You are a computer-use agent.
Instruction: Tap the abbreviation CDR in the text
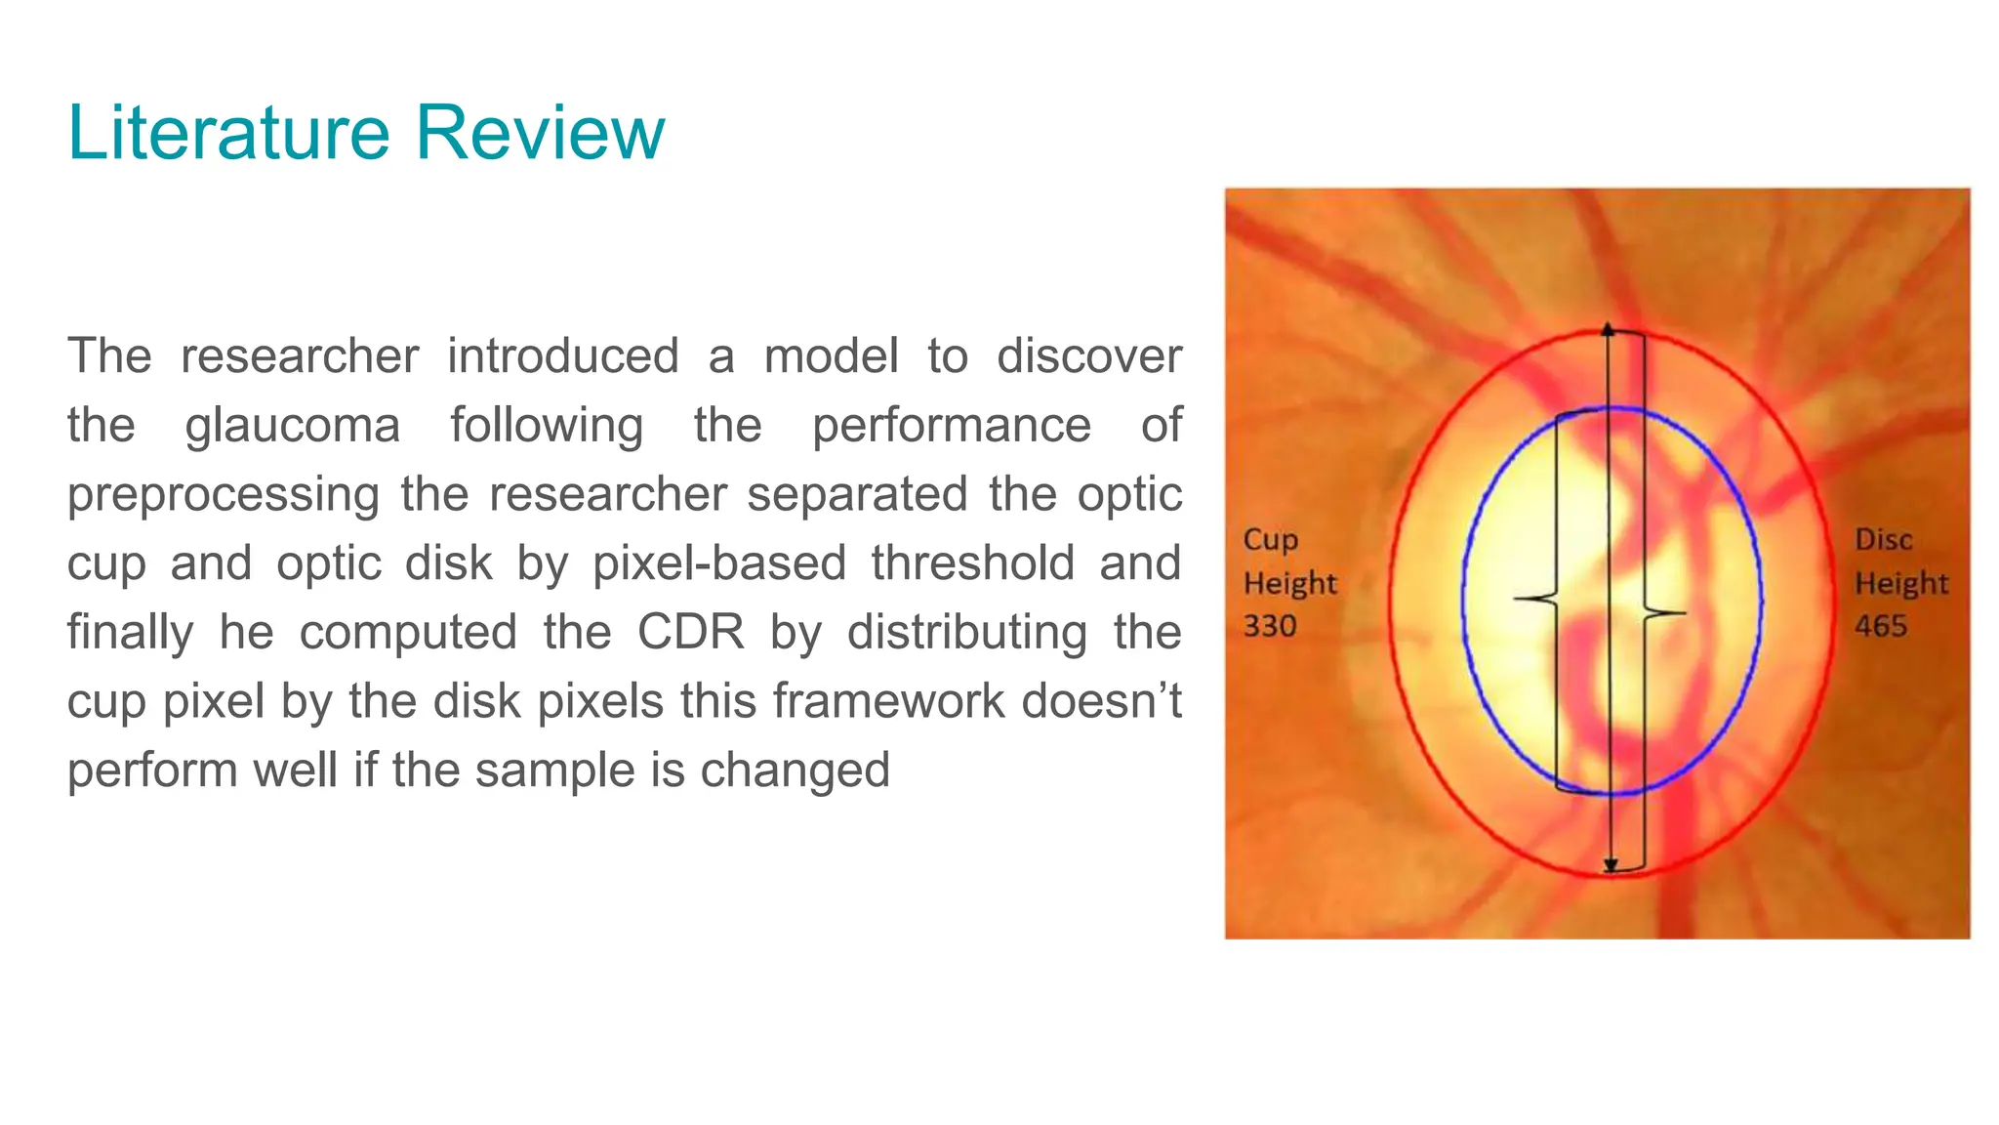(690, 632)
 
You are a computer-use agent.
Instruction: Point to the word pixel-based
(718, 563)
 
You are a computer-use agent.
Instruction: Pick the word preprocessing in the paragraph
(223, 495)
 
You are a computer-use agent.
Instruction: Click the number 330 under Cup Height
(1270, 626)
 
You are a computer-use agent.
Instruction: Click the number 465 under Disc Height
(1881, 626)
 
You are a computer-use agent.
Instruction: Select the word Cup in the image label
(1270, 540)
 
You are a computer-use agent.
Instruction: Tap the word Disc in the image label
(1883, 540)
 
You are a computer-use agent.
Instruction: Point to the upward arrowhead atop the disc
(1609, 330)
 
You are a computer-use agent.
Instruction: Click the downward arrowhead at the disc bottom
(1611, 866)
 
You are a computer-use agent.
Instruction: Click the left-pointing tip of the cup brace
(1517, 598)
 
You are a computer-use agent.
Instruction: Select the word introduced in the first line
(562, 356)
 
